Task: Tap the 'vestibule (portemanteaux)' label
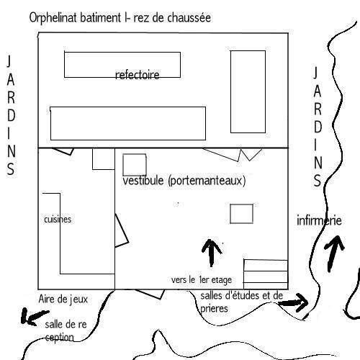tap(184, 181)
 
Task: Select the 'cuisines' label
tap(58, 220)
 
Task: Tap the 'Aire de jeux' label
tap(63, 299)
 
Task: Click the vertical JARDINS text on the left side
tap(10, 114)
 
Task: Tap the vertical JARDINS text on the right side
tap(317, 127)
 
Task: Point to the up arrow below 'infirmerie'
tap(333, 254)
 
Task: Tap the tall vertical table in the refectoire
tap(248, 91)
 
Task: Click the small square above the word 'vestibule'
tap(135, 165)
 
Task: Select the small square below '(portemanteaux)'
tap(241, 214)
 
